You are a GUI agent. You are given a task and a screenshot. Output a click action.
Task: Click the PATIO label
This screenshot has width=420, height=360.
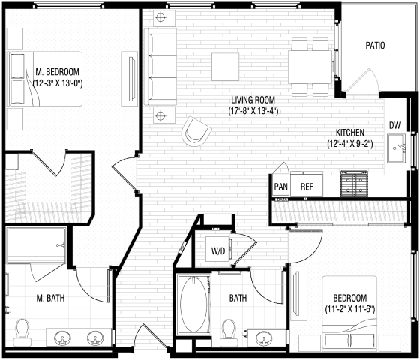click(x=376, y=46)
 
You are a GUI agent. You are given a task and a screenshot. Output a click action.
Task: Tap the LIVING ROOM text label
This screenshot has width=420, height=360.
click(x=253, y=100)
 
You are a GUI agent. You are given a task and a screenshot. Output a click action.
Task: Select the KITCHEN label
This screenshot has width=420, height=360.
click(x=350, y=130)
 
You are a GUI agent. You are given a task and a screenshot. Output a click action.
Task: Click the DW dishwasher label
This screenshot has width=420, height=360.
click(x=394, y=125)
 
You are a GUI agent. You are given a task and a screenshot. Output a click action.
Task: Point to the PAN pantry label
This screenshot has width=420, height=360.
click(x=281, y=187)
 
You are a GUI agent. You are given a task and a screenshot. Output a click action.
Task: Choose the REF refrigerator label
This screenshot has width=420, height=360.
click(x=307, y=187)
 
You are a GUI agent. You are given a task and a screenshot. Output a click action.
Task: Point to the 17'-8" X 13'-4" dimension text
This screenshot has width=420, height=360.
click(x=253, y=112)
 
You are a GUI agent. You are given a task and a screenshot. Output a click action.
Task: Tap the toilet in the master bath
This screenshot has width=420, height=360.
click(x=22, y=329)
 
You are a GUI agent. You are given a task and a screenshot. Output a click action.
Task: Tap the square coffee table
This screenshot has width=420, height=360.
click(x=226, y=65)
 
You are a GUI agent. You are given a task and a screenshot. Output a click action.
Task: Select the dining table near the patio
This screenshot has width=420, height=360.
click(x=310, y=67)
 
